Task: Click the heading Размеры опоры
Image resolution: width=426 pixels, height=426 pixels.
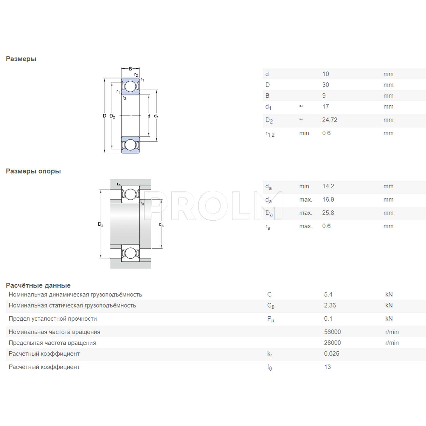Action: (x=33, y=171)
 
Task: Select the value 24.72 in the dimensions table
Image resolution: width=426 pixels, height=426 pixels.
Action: (x=330, y=120)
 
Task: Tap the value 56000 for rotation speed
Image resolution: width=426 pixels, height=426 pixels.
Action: (x=332, y=332)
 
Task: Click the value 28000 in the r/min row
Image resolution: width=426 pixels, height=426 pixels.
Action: (x=332, y=343)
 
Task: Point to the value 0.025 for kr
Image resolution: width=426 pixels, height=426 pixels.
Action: (x=332, y=354)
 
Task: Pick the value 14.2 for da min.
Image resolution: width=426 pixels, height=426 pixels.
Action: (x=328, y=186)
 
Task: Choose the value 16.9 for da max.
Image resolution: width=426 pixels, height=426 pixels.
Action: (x=328, y=200)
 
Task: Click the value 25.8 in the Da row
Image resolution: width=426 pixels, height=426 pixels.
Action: (x=328, y=213)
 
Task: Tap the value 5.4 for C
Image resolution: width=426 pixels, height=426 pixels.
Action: (x=328, y=295)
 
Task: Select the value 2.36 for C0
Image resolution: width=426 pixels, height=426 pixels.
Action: (x=330, y=305)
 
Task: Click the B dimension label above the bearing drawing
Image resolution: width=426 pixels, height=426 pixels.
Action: (x=130, y=69)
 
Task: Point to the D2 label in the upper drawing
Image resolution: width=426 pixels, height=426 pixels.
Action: (x=112, y=116)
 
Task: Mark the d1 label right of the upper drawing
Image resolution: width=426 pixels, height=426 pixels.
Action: (x=156, y=116)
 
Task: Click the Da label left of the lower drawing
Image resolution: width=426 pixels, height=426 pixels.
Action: (x=101, y=224)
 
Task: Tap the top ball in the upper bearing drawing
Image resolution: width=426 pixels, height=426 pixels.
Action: (x=130, y=86)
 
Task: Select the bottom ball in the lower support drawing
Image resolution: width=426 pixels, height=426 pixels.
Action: (x=130, y=253)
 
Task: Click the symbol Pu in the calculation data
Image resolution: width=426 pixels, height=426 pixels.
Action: (x=271, y=319)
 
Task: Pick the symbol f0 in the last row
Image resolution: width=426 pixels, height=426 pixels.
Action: (x=270, y=367)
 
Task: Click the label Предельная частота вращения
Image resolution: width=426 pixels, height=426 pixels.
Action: (x=52, y=343)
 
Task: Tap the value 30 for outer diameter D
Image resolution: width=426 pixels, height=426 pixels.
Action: (x=325, y=85)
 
